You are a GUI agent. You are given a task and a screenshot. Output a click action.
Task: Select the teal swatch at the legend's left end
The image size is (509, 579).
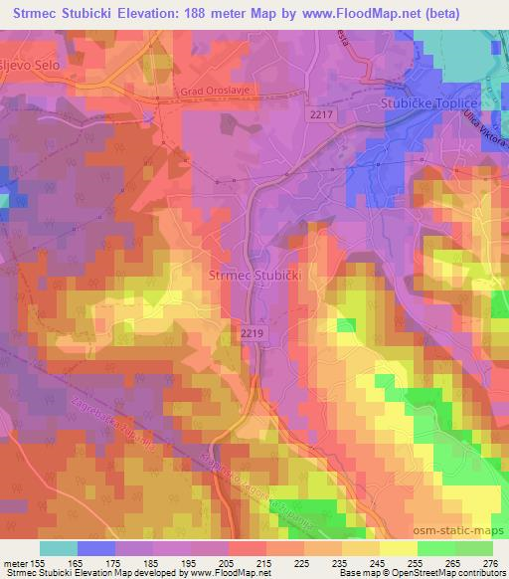click(59, 547)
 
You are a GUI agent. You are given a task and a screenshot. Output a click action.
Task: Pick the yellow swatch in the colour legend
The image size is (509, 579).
click(397, 547)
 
